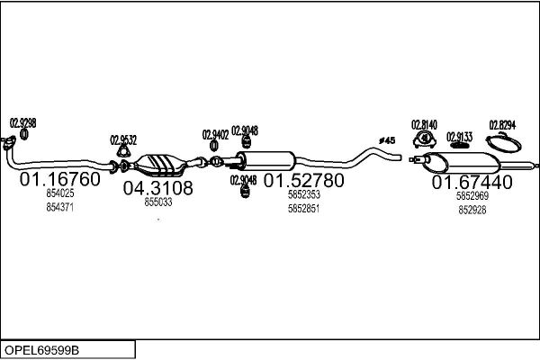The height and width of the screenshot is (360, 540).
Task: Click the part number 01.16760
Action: pos(60,179)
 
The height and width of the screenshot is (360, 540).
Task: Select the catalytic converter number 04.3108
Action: pos(158,188)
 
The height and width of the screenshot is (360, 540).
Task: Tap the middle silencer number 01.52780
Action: pos(304,181)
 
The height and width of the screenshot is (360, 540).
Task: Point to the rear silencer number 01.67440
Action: pos(472,182)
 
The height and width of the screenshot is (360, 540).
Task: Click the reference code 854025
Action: pos(60,193)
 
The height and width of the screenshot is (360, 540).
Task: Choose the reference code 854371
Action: pos(60,207)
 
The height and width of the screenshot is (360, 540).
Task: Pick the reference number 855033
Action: pos(158,202)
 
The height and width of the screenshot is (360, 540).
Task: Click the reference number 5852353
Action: pos(304,194)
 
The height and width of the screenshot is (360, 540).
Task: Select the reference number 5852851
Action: pos(304,209)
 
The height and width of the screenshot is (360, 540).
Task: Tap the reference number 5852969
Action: pos(472,196)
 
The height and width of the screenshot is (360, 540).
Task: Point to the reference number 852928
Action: pos(472,210)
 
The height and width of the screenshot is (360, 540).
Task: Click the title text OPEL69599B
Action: pos(41,350)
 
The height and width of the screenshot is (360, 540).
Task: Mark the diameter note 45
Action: pos(387,140)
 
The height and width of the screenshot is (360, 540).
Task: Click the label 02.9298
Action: pos(22,123)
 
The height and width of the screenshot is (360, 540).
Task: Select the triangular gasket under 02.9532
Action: pos(123,151)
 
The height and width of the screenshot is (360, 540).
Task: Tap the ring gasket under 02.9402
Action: pos(213,146)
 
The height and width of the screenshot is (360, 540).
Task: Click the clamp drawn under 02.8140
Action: pos(424,139)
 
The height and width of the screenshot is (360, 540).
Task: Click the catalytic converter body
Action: pos(160,165)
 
